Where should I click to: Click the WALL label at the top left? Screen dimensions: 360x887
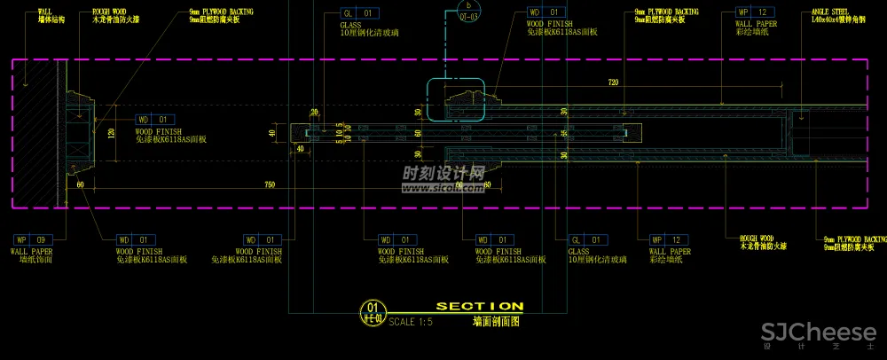[45, 12]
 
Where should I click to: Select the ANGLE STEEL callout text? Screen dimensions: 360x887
[831, 12]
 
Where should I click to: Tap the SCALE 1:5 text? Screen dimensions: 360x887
[411, 322]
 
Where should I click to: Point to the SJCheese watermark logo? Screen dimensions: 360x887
[803, 334]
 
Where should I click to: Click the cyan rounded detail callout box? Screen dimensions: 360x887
[456, 99]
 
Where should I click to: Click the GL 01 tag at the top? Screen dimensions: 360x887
[359, 13]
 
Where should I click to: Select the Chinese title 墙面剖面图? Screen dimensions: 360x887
[495, 324]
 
